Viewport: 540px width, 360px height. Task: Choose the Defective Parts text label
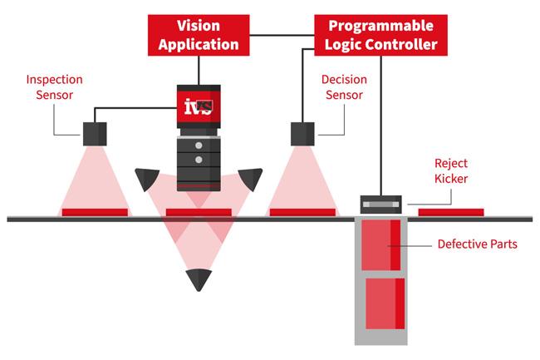pyautogui.click(x=478, y=244)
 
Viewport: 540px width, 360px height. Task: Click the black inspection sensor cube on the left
pyautogui.click(x=94, y=132)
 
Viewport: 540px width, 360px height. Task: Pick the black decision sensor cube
pyautogui.click(x=302, y=133)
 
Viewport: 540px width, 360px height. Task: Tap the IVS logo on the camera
pyautogui.click(x=199, y=106)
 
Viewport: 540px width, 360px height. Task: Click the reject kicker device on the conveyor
pyautogui.click(x=380, y=203)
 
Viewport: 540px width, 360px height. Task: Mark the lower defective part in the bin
pyautogui.click(x=385, y=303)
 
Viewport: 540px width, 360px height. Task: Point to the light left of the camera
pyautogui.click(x=148, y=177)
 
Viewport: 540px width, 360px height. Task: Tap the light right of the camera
pyautogui.click(x=250, y=177)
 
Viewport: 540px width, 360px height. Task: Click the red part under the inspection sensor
pyautogui.click(x=95, y=212)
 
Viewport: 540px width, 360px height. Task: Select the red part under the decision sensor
pyautogui.click(x=302, y=212)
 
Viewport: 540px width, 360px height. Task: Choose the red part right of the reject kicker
pyautogui.click(x=450, y=212)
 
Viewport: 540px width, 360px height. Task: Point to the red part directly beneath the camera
pyautogui.click(x=199, y=212)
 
